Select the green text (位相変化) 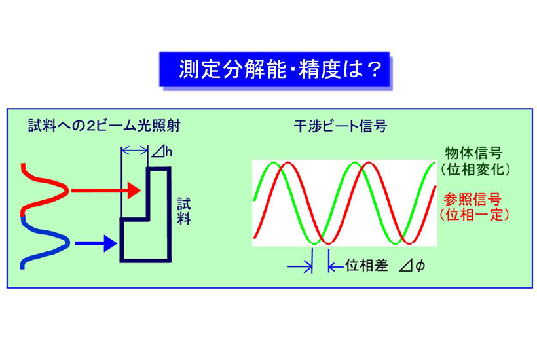pos(473,170)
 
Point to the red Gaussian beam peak pos(65,190)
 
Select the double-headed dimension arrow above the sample pos(134,151)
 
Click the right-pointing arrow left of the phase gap pos(300,266)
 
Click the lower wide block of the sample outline pos(145,242)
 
